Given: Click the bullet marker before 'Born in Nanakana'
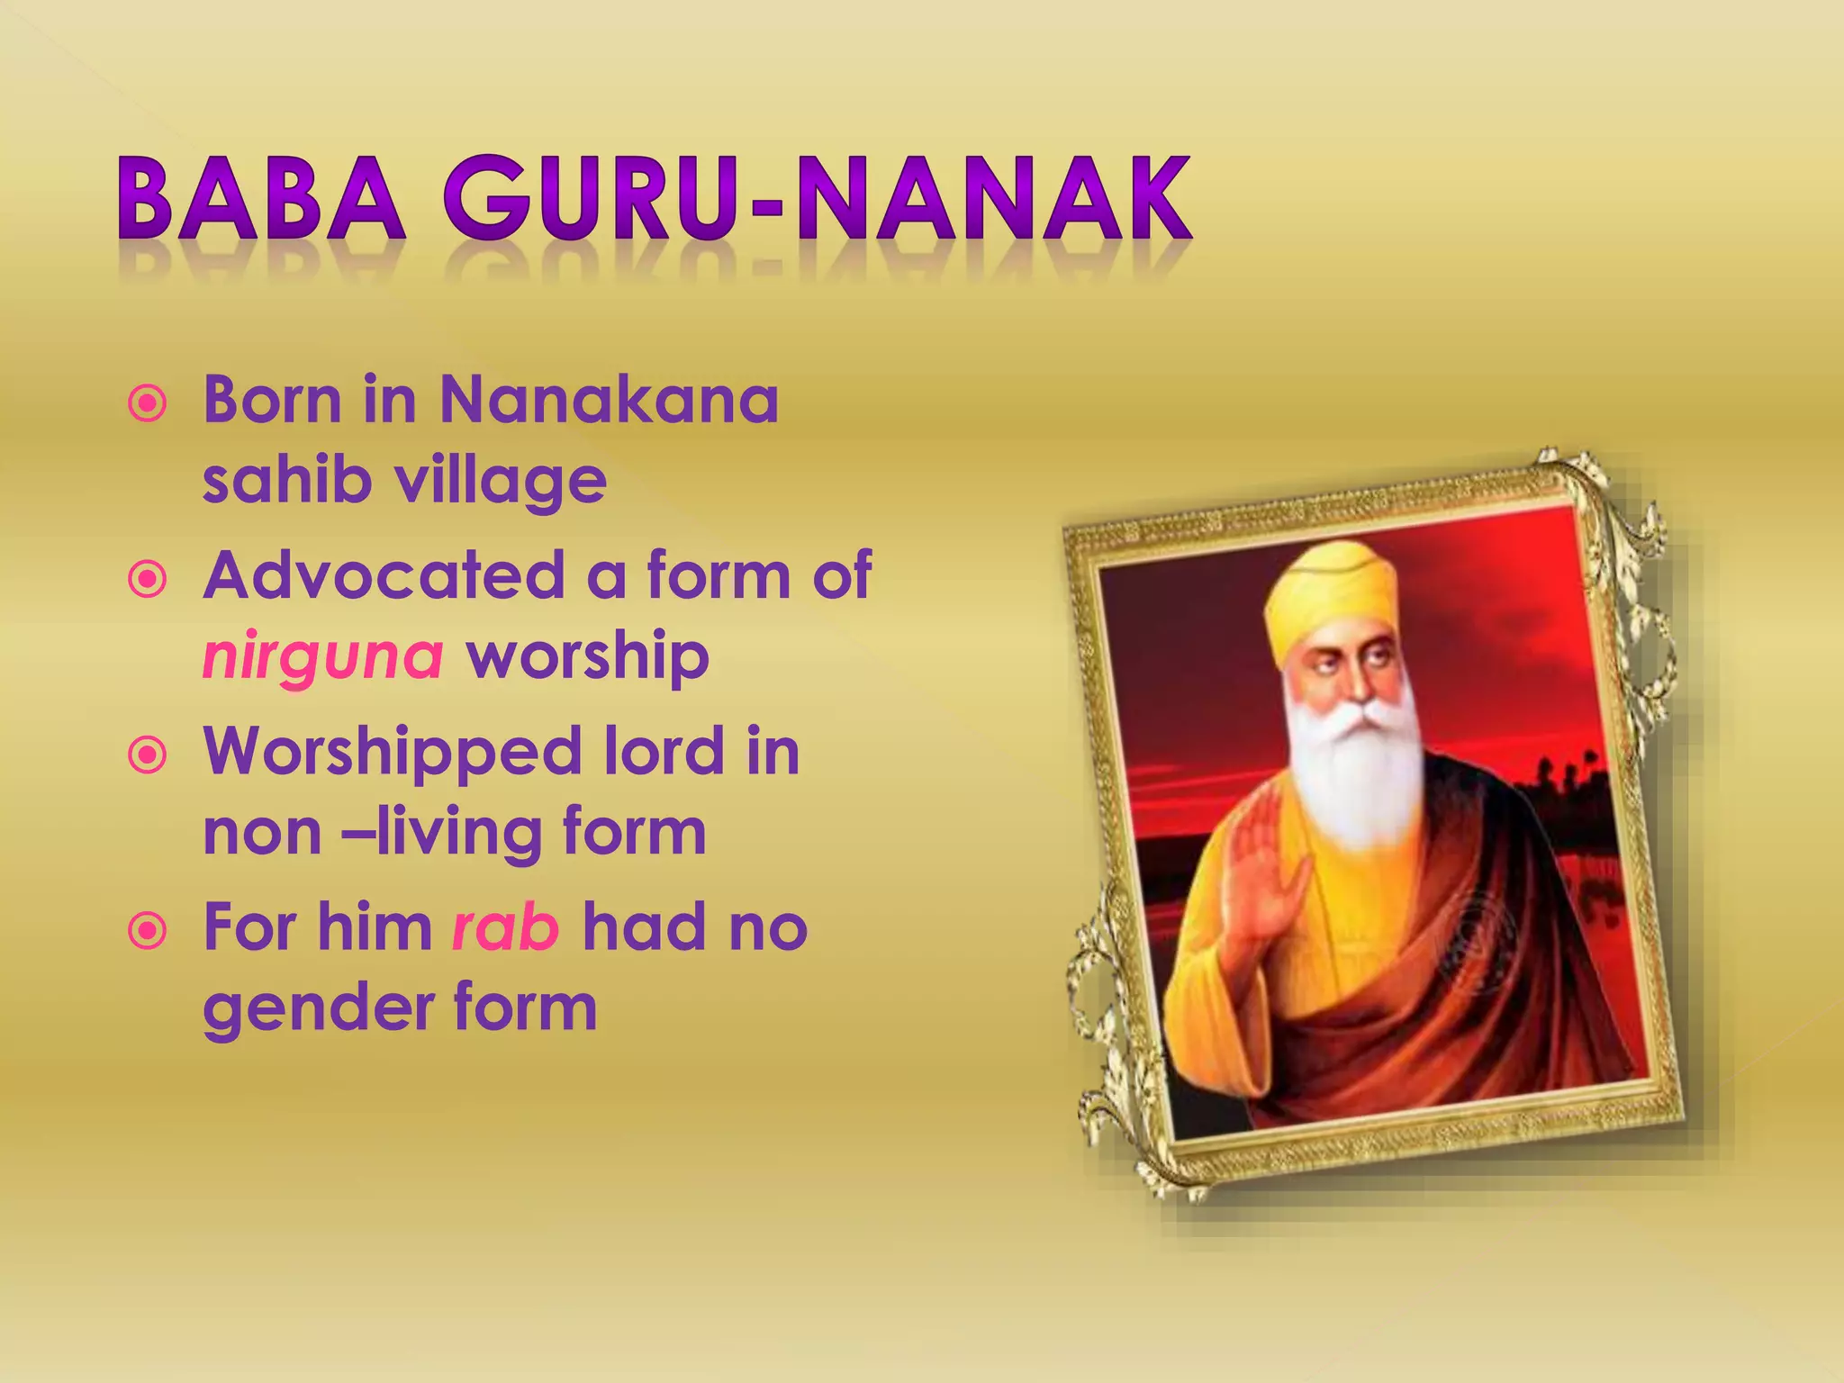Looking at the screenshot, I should point(148,403).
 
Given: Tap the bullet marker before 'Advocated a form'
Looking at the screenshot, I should point(148,579).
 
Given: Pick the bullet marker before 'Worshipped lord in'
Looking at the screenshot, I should point(148,755).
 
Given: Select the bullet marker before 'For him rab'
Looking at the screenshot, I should point(148,930).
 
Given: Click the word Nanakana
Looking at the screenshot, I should point(609,400).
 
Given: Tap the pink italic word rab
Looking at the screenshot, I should point(505,927).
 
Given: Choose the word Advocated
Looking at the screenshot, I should point(384,576).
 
